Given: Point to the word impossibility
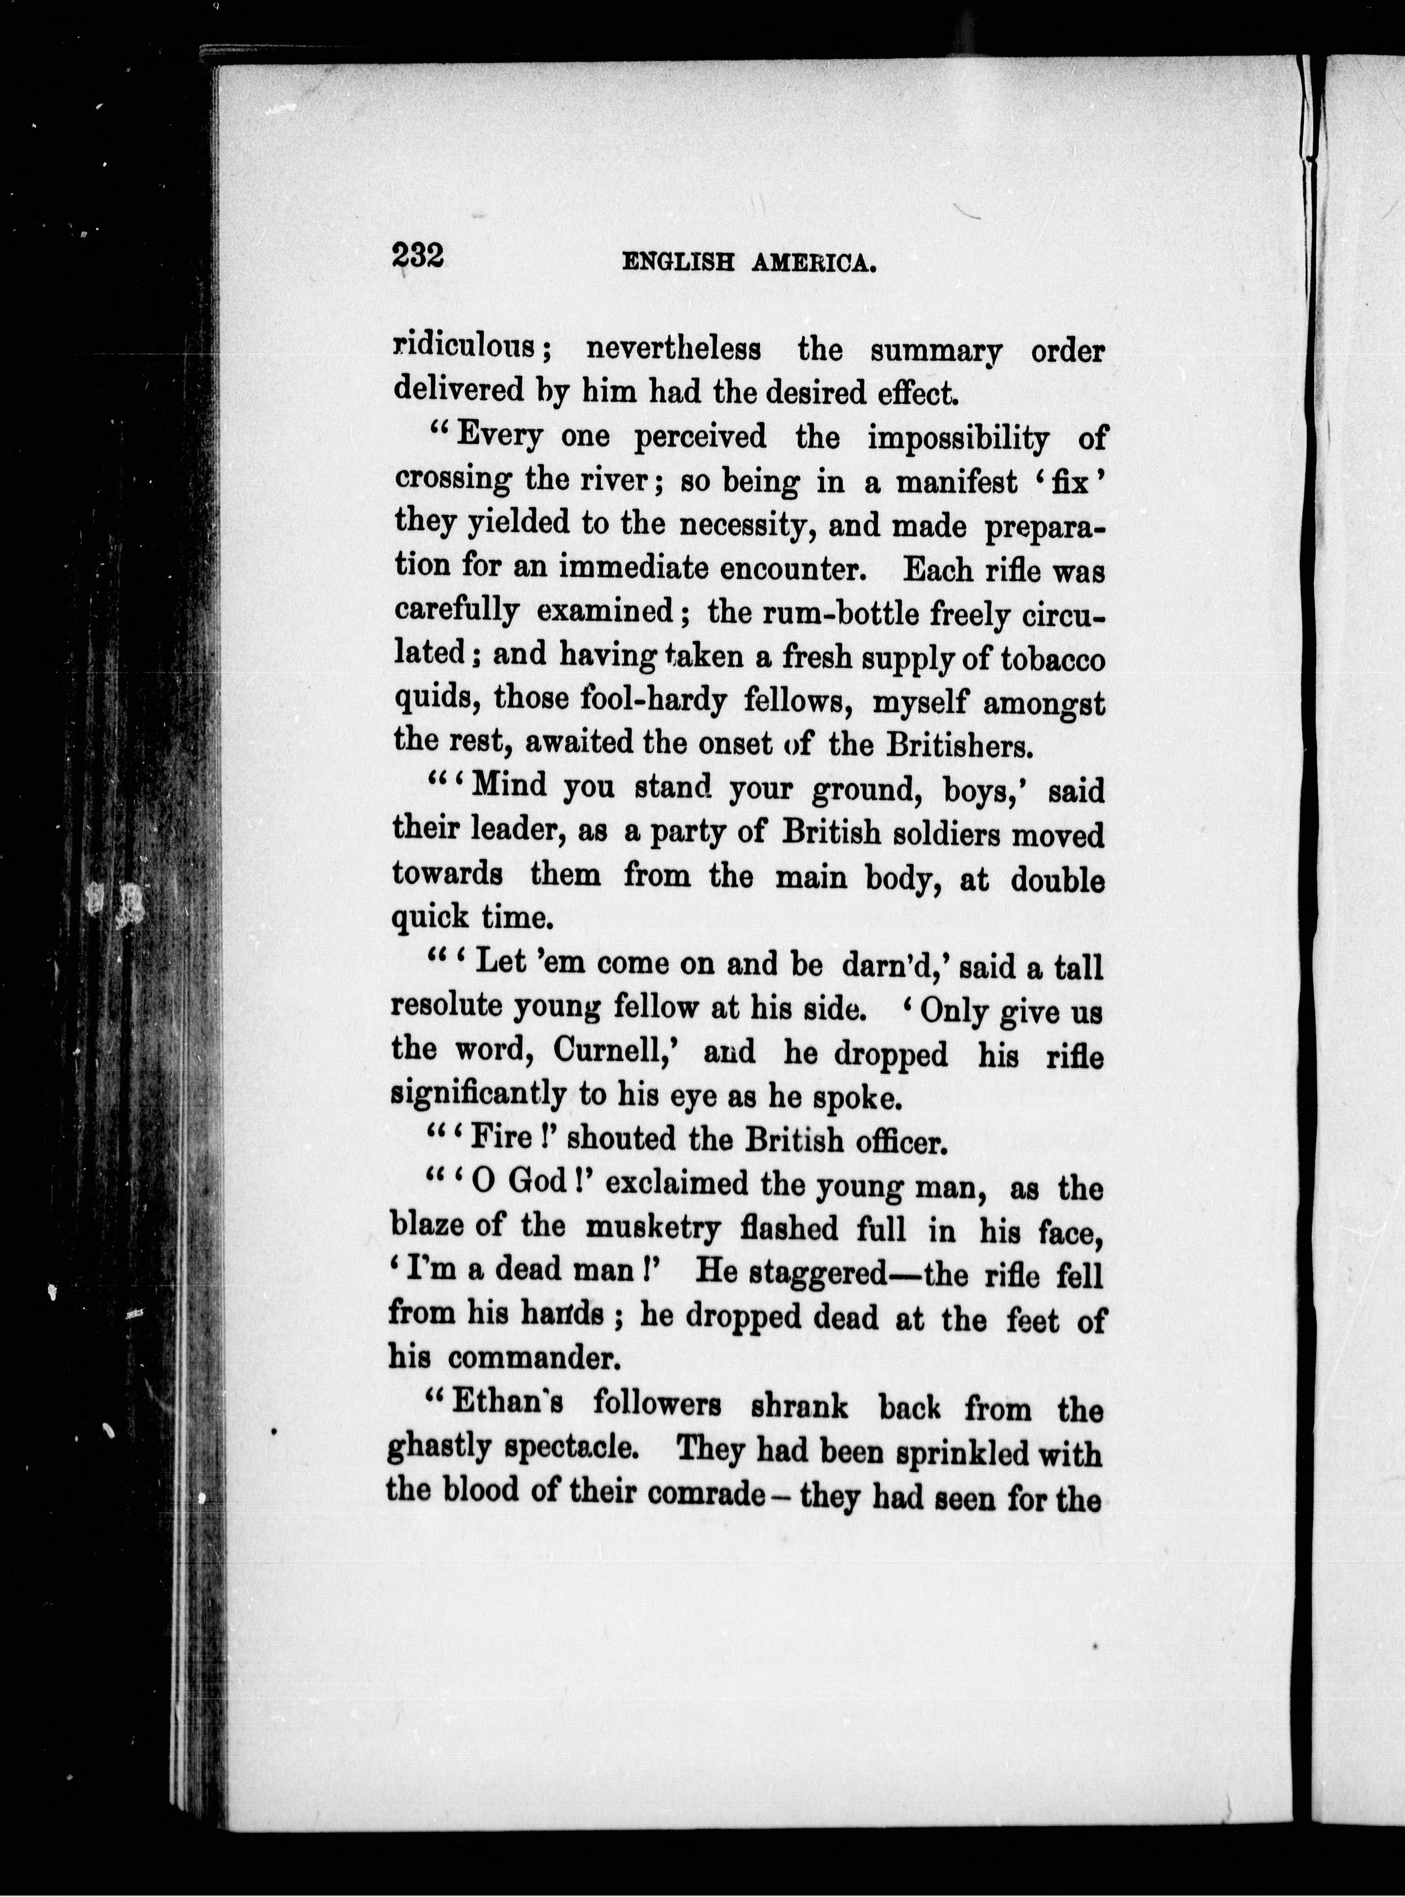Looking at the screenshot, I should [958, 439].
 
